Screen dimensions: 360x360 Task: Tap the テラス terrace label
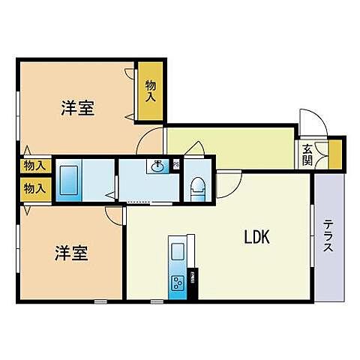point(328,238)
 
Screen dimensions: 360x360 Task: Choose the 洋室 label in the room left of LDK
point(71,253)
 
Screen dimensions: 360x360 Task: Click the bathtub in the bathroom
point(71,179)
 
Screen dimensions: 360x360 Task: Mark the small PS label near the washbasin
point(176,165)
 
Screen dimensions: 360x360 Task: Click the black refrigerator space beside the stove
point(193,284)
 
